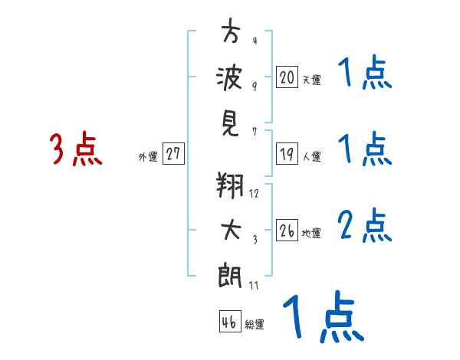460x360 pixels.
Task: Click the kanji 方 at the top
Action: [x=231, y=30]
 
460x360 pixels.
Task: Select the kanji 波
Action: [x=229, y=77]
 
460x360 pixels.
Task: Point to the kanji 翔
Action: [x=230, y=185]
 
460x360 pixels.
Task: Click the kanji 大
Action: [x=231, y=229]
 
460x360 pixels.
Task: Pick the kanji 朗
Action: [x=230, y=275]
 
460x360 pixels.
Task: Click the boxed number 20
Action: [x=287, y=77]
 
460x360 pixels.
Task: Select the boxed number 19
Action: [x=287, y=153]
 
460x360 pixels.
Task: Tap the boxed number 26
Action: [x=287, y=230]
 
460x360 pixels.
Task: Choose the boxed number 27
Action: [x=173, y=153]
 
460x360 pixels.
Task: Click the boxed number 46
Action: [x=230, y=321]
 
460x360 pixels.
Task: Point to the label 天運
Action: [x=311, y=80]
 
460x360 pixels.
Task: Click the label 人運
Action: [x=311, y=156]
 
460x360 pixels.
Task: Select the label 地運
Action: [x=311, y=233]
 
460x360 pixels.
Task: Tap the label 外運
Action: [x=148, y=156]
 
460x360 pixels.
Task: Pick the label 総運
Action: [x=255, y=324]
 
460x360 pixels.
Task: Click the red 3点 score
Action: [x=76, y=148]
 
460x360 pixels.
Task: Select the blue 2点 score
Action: [x=364, y=225]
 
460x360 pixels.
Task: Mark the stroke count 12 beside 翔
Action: [x=254, y=193]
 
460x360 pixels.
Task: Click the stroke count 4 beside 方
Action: [x=255, y=41]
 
